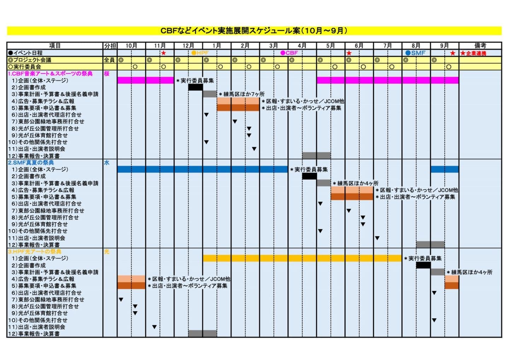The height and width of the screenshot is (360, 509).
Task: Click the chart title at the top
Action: point(254,31)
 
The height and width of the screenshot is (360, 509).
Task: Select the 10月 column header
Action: point(131,46)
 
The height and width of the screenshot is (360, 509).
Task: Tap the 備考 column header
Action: point(480,46)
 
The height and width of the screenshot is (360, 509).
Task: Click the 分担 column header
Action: point(110,46)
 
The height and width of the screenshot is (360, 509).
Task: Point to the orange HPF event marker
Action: point(200,53)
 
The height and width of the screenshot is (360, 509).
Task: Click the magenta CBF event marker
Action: point(289,53)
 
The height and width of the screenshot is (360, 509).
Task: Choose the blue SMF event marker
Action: point(415,53)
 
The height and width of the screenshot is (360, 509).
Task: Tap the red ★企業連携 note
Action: point(473,53)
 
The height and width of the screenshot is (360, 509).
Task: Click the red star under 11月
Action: point(164,53)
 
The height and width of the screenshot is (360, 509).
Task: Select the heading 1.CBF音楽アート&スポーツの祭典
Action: point(50,74)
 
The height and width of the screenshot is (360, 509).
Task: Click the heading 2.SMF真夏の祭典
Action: point(31,163)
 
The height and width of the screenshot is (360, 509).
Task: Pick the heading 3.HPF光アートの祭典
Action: point(35,251)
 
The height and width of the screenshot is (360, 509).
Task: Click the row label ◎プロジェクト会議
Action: point(30,60)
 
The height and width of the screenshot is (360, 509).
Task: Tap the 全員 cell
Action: point(109,60)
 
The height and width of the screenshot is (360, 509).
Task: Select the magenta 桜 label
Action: point(107,74)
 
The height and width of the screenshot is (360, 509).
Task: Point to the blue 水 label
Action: point(107,163)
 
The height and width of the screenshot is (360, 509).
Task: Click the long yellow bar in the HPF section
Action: point(302,259)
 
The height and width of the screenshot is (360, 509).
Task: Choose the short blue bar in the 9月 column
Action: point(444,169)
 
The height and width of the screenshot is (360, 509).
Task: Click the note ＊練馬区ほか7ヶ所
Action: point(242,94)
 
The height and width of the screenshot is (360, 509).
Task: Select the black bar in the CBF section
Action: point(195,87)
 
